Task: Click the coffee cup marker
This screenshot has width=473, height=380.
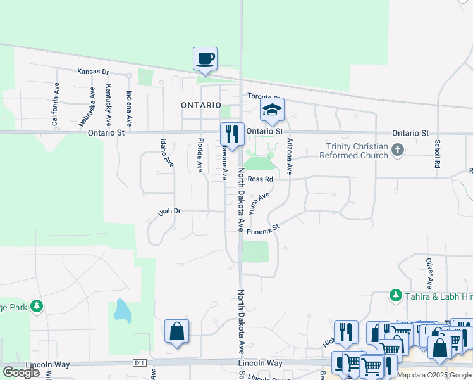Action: (x=205, y=59)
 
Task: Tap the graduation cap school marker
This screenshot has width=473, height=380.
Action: (x=273, y=110)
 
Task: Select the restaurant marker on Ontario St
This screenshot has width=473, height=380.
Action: (x=232, y=134)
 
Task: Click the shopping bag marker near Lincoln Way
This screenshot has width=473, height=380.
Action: (x=176, y=331)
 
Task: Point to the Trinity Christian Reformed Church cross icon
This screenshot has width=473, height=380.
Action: (x=397, y=150)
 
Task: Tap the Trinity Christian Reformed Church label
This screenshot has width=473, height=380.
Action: (x=353, y=151)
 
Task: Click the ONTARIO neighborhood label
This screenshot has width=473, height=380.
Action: (x=201, y=105)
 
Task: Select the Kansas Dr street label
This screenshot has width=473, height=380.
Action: (x=93, y=72)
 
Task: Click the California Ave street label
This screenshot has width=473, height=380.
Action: (x=55, y=103)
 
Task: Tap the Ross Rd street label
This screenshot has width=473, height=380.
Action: (x=260, y=179)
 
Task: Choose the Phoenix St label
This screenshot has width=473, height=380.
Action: (x=263, y=230)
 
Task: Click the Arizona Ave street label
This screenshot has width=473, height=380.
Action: (x=290, y=156)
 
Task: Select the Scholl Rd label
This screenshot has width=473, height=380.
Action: (x=437, y=153)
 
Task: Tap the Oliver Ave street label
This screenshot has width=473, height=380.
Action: (x=429, y=274)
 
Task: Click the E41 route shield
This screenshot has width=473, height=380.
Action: (x=139, y=363)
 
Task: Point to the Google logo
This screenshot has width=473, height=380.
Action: (x=21, y=372)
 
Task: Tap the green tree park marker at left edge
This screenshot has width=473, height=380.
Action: (x=37, y=307)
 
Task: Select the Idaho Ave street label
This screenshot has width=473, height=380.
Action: (x=166, y=153)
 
